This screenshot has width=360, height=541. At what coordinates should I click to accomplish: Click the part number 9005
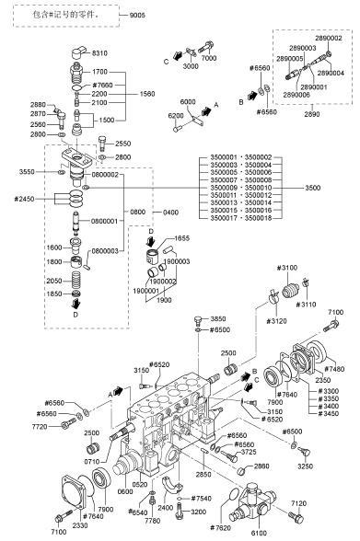[x=137, y=15]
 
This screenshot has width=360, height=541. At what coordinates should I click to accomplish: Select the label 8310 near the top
[x=99, y=53]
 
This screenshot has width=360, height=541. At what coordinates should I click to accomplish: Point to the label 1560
[x=147, y=94]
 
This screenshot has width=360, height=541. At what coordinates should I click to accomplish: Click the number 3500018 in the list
[x=258, y=218]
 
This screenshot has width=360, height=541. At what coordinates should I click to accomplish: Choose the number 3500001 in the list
[x=224, y=157]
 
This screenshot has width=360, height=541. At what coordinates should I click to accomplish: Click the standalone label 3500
[x=313, y=188]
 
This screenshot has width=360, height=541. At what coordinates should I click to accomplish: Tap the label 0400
[x=171, y=213]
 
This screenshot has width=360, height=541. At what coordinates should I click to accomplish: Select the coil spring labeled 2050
[x=75, y=280]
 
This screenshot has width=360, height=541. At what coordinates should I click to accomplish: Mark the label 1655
[x=182, y=238]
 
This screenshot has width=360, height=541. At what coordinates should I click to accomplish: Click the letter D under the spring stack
[x=75, y=315]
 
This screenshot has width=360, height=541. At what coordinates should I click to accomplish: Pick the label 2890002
[x=329, y=38]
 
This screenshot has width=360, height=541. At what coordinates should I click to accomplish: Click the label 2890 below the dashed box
[x=312, y=114]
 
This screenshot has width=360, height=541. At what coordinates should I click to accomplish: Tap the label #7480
[x=334, y=369]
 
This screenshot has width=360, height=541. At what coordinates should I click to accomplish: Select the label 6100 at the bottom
[x=259, y=533]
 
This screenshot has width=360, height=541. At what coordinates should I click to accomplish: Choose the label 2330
[x=80, y=525]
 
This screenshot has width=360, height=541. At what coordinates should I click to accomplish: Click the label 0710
[x=92, y=461]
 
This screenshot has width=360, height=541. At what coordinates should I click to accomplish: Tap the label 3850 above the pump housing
[x=218, y=318]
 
